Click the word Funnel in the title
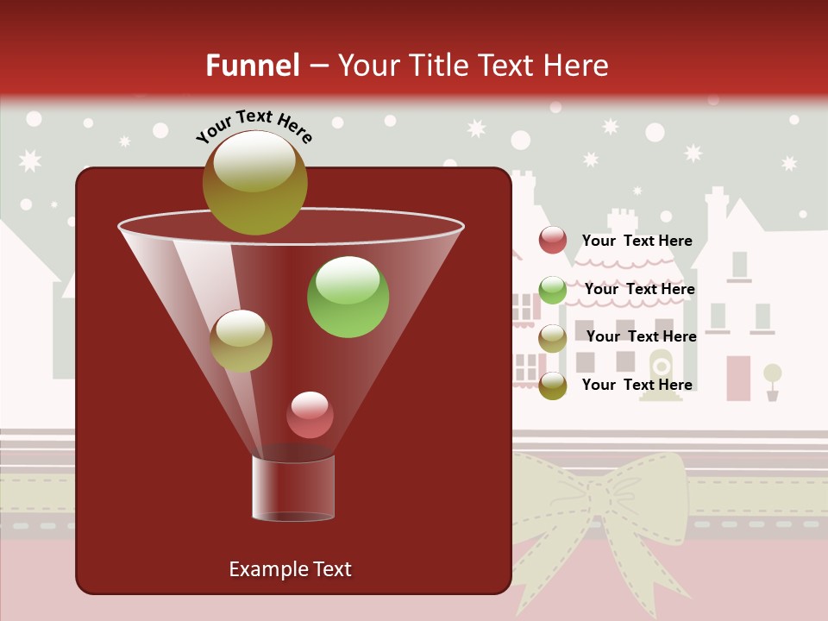coord(252,66)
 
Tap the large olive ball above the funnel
coord(254,182)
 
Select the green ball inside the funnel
coord(348,297)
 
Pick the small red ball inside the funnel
coord(310,415)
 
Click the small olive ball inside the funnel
coord(241,341)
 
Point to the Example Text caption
coord(290,569)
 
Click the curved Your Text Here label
coord(254,126)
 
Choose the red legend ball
coord(553,240)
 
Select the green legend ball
coord(553,290)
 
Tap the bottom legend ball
coord(553,386)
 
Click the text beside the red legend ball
coord(637,241)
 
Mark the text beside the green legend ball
coord(639,289)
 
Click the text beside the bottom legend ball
coord(637,385)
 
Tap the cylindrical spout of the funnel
coord(293,487)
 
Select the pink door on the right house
coord(738,379)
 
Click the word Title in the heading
coord(441,66)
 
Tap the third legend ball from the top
coord(553,338)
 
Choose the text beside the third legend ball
coord(641,336)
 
